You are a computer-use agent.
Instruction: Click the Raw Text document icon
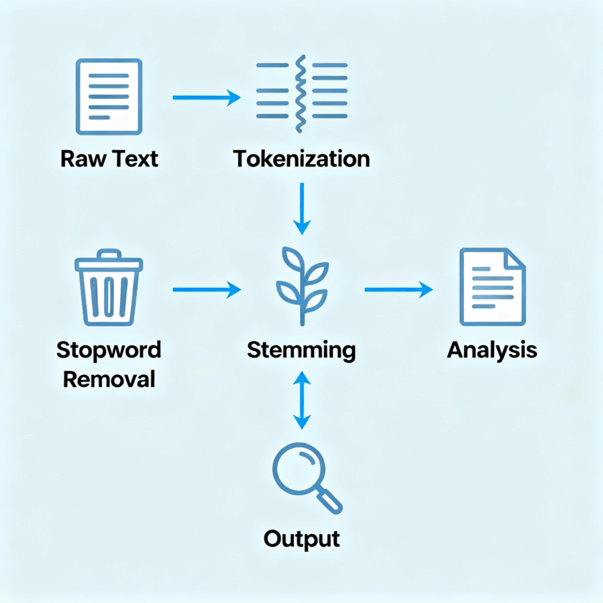pos(109,96)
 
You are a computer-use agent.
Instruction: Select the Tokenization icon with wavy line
pos(301,94)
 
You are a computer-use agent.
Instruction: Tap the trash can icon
pos(109,289)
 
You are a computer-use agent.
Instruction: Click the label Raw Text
pos(109,159)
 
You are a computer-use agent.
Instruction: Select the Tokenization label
pos(301,159)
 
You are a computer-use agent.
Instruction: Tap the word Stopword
pos(109,350)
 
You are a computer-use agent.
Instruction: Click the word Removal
pos(109,379)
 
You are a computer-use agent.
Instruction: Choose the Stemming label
pos(301,350)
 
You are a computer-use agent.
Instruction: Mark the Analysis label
pos(492,350)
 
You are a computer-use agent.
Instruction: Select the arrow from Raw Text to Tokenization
pos(206,98)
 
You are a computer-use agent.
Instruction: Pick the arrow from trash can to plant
pos(206,289)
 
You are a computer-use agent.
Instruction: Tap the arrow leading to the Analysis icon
pos(398,289)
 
